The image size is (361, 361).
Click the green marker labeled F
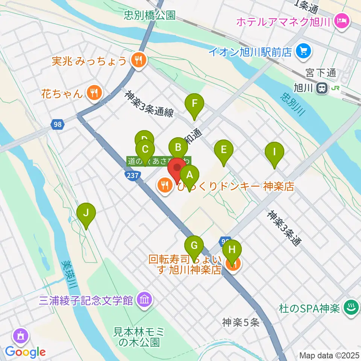coord(194,104)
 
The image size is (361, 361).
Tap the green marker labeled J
coord(86,213)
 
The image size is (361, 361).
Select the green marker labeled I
coord(275,152)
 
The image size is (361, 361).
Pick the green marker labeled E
coord(223,150)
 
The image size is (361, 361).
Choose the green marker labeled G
coord(194,246)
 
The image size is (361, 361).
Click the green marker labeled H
coord(232,250)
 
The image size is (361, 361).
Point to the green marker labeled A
coord(190,175)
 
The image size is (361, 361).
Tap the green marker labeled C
coord(145,149)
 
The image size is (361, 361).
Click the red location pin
coord(176,168)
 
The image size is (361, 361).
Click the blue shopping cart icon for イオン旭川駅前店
coord(303,50)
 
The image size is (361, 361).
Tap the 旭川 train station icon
coord(322,88)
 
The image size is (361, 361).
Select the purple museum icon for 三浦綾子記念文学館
coord(144,300)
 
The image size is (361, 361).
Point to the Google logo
coord(26,352)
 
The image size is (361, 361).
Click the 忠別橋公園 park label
coord(150,15)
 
